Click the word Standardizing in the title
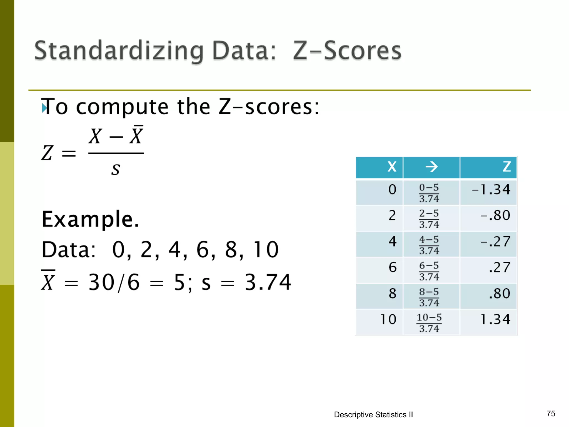pyautogui.click(x=119, y=51)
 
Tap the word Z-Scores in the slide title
pyautogui.click(x=347, y=51)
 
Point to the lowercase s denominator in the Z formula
pyautogui.click(x=116, y=169)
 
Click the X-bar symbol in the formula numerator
pyautogui.click(x=136, y=135)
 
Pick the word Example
pyautogui.click(x=90, y=219)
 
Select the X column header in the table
pyautogui.click(x=392, y=167)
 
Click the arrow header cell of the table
pyautogui.click(x=431, y=167)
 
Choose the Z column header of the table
pyautogui.click(x=506, y=167)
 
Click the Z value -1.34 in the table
pyautogui.click(x=491, y=190)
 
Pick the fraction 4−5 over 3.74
pyautogui.click(x=429, y=245)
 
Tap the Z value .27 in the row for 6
pyautogui.click(x=500, y=267)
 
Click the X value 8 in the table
pyautogui.click(x=392, y=294)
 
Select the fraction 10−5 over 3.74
pyautogui.click(x=429, y=323)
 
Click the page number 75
pyautogui.click(x=551, y=414)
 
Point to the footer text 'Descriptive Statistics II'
pyautogui.click(x=373, y=415)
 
